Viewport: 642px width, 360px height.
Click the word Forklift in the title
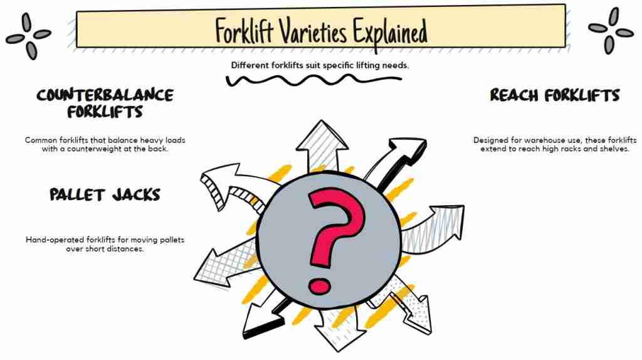(x=245, y=31)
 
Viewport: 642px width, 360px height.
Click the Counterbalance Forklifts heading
(x=105, y=103)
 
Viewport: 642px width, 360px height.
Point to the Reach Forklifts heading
(x=555, y=95)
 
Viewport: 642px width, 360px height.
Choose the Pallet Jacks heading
(x=105, y=194)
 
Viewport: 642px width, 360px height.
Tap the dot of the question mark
(x=319, y=286)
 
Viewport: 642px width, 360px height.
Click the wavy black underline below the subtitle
(x=313, y=80)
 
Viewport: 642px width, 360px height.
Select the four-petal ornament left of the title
(x=29, y=36)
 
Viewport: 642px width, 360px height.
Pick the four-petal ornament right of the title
(x=611, y=31)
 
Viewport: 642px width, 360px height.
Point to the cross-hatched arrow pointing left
(x=225, y=263)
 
